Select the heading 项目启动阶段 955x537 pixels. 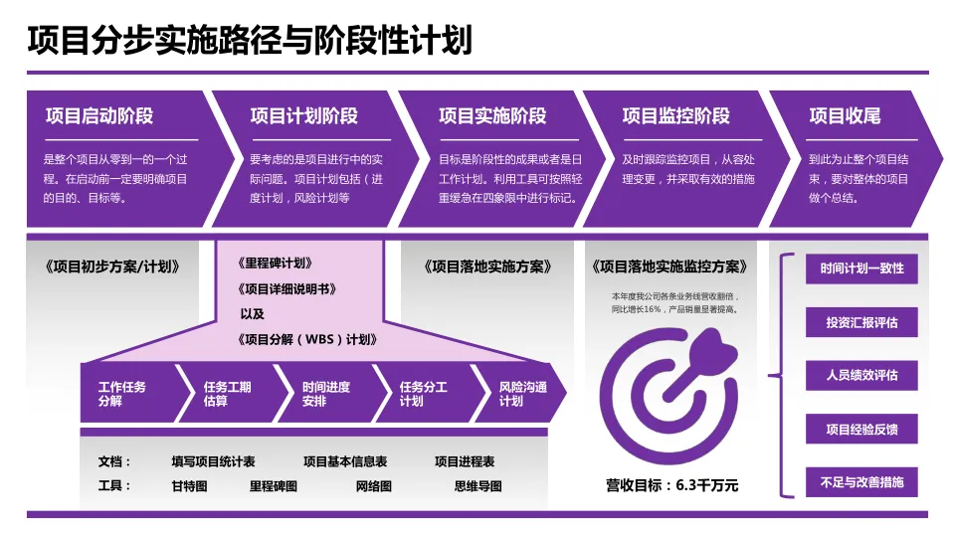click(99, 116)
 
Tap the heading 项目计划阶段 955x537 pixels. click(304, 116)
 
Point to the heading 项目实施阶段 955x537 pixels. click(492, 116)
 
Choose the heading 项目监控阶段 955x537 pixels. click(676, 116)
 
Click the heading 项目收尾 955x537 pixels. click(845, 116)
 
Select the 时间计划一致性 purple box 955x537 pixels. click(861, 268)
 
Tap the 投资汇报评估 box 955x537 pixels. click(861, 322)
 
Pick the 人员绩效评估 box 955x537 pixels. click(861, 376)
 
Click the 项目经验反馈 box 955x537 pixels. click(861, 430)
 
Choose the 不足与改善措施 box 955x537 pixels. click(861, 482)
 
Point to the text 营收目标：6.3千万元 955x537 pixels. click(672, 485)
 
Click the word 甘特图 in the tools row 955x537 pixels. click(189, 486)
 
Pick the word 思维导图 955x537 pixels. click(477, 486)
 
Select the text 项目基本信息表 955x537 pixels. click(345, 462)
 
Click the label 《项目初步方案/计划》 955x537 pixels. click(112, 267)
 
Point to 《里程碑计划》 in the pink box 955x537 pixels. click(276, 264)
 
